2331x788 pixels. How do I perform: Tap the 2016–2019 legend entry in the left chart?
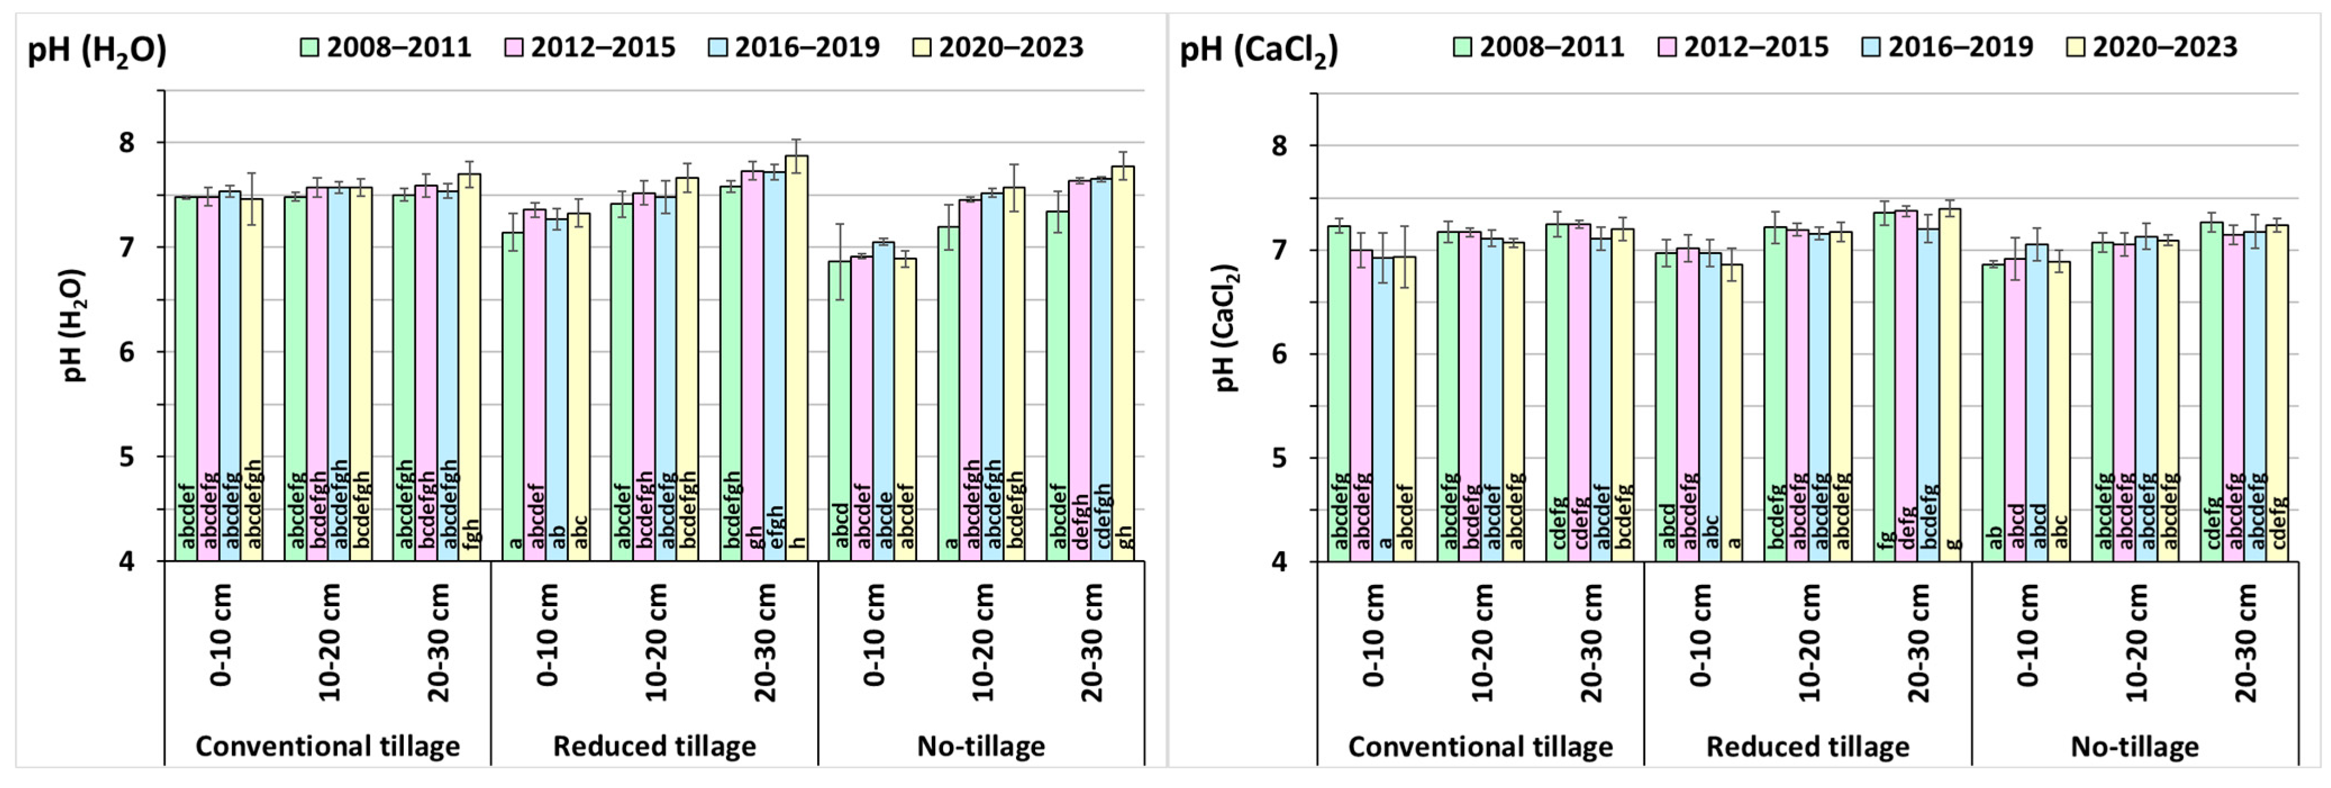tap(794, 47)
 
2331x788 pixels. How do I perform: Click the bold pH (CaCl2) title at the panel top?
tap(1258, 49)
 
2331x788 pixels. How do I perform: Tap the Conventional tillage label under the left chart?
tap(327, 746)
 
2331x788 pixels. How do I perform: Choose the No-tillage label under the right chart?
tap(2134, 747)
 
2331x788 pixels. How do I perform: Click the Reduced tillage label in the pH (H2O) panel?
tap(654, 746)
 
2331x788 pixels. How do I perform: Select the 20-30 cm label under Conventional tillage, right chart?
tap(1591, 642)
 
